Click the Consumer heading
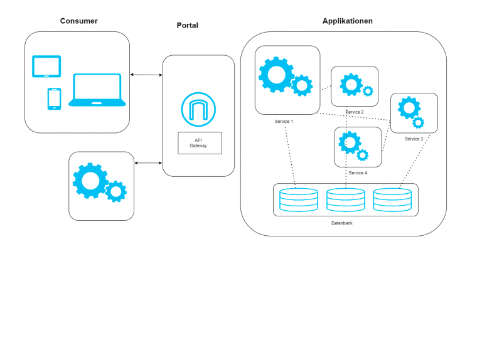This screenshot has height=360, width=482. (x=78, y=21)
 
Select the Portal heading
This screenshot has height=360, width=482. (x=187, y=26)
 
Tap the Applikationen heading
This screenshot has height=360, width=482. (x=347, y=21)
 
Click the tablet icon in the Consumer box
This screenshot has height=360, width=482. (x=46, y=66)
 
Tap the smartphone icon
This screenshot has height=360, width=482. (x=54, y=98)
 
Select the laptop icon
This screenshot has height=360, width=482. (x=97, y=90)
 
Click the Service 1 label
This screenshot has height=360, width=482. (x=284, y=121)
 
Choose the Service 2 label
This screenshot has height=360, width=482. (x=355, y=112)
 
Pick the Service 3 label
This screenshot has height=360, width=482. (x=414, y=139)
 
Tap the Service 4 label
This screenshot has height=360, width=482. (x=358, y=172)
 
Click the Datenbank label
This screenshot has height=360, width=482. (x=342, y=223)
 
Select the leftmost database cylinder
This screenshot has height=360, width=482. (x=299, y=199)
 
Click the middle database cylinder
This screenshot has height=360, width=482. (x=345, y=199)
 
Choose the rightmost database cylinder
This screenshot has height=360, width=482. (x=392, y=199)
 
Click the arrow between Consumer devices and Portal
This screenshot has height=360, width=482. (x=146, y=75)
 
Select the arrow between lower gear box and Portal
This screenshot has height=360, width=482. (x=148, y=163)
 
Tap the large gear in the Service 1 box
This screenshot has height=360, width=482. (x=276, y=74)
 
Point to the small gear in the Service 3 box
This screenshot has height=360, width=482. (x=418, y=122)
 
